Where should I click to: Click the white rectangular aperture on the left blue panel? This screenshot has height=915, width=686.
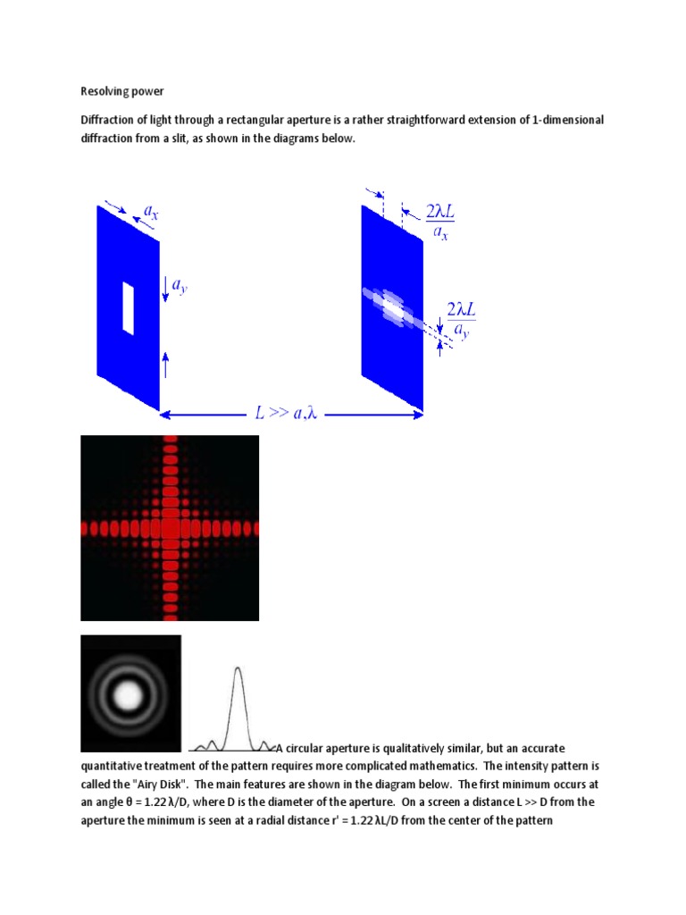pyautogui.click(x=128, y=308)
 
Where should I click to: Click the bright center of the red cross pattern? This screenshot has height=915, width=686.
pyautogui.click(x=170, y=528)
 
